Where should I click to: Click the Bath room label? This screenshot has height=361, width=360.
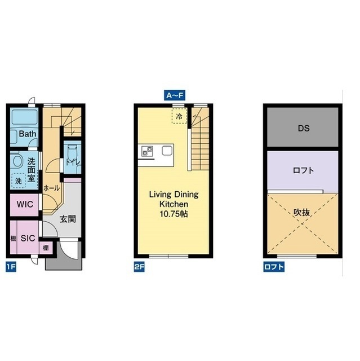point(28,134)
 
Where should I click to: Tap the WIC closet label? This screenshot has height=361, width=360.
point(25,204)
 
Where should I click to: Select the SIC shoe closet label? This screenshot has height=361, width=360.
point(28,238)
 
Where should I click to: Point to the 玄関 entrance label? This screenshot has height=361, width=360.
point(68,219)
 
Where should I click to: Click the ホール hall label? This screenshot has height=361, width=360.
point(51,188)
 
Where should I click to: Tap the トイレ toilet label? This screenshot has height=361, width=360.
point(73,162)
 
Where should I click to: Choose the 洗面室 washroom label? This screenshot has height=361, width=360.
point(31,170)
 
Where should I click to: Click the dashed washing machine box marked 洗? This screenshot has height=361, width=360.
point(19,180)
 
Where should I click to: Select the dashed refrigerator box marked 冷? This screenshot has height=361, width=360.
point(179,116)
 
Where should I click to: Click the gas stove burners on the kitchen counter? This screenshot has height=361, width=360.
point(147,151)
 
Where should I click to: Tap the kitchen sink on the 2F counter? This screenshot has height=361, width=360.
point(167,151)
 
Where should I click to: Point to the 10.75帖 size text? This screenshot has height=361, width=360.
point(174,214)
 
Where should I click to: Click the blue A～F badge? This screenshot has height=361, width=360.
point(175,95)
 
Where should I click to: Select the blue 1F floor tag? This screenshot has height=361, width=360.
point(11,267)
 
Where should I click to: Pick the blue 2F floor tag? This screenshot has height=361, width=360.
point(139,267)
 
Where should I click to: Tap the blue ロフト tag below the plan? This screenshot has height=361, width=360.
point(274,267)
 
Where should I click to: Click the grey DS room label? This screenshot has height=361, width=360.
point(304,128)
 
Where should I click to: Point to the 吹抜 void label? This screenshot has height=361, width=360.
point(301,213)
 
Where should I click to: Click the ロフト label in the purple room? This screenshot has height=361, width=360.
point(304,170)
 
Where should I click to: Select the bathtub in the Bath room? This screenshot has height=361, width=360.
point(25,117)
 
